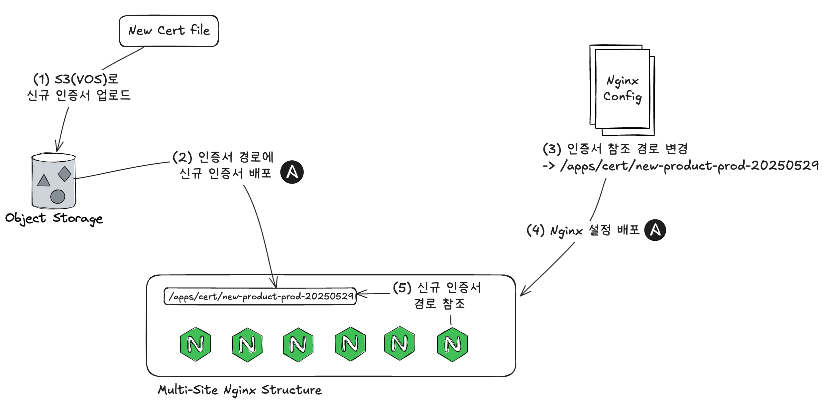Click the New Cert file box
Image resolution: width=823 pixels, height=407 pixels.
tap(169, 31)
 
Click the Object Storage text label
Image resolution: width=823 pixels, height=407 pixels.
tap(54, 218)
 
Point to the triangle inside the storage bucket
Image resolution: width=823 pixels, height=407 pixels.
tap(44, 181)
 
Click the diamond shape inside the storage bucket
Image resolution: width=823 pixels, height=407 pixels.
tap(64, 174)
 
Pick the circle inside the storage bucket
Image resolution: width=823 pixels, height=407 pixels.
tap(58, 197)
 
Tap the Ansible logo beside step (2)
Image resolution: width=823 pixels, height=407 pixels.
tap(292, 172)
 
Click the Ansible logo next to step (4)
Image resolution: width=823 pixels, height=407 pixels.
tap(655, 230)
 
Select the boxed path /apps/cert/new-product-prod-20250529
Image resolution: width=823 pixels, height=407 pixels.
tap(260, 296)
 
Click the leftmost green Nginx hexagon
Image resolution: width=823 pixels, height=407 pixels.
tap(195, 344)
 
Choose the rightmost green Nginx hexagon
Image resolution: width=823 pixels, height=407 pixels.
tap(452, 344)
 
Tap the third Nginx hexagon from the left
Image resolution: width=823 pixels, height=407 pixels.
tap(298, 344)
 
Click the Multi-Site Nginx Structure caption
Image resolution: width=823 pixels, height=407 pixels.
tap(240, 390)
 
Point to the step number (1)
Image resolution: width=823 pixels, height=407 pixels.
tap(42, 79)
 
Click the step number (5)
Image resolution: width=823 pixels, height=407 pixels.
tap(402, 288)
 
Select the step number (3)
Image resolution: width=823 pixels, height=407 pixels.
tap(552, 149)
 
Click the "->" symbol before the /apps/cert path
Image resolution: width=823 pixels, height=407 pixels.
tap(549, 165)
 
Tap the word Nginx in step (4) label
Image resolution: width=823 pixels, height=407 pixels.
tap(566, 231)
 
